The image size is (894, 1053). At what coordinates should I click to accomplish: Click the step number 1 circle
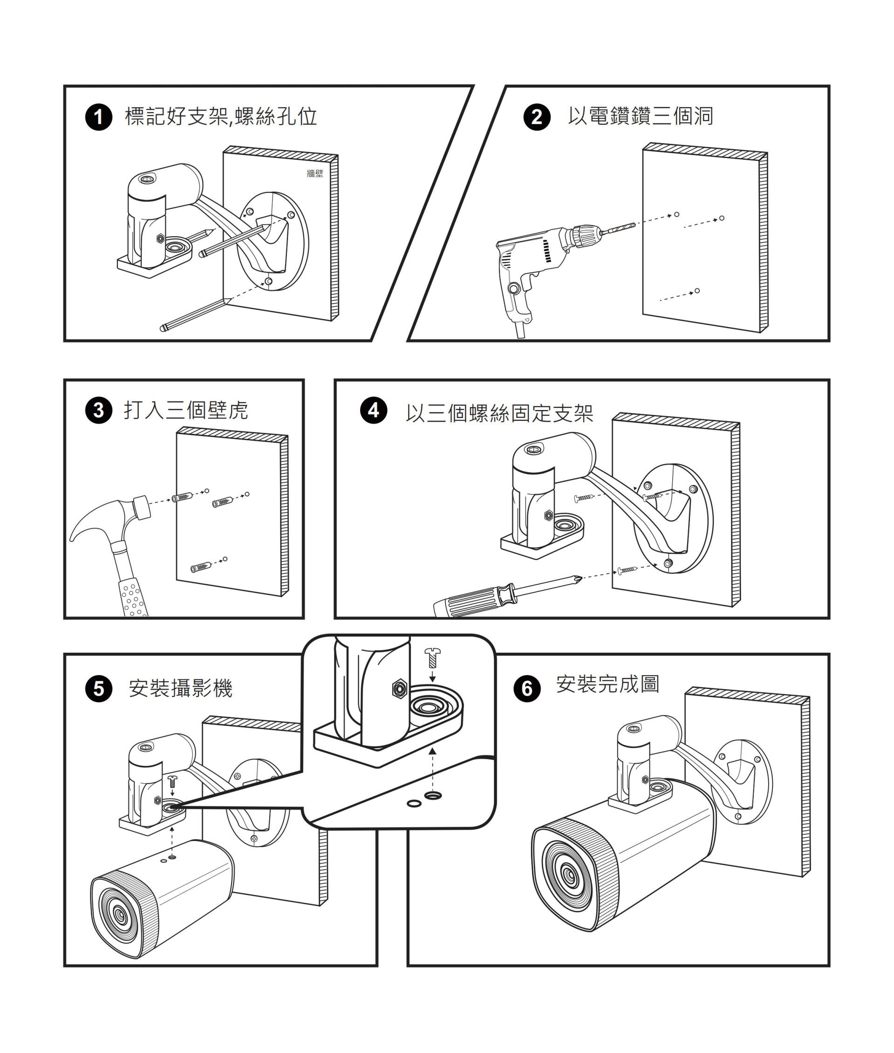pos(98,117)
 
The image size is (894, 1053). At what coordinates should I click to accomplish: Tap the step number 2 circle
pos(537,117)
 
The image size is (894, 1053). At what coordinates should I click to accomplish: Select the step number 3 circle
pos(98,410)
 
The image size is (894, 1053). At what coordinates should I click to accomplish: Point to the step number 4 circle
pos(374,410)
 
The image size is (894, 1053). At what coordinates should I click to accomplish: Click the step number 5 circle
pos(98,689)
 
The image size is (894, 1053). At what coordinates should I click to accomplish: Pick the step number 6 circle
pos(527,689)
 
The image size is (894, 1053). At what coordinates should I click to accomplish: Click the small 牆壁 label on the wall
pos(315,174)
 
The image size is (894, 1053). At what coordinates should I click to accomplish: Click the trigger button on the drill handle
pos(513,289)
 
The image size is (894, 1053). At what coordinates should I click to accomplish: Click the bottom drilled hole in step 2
pos(697,291)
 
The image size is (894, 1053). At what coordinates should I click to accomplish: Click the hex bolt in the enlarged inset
pos(399,688)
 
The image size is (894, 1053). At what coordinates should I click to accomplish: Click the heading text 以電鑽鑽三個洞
pos(640,116)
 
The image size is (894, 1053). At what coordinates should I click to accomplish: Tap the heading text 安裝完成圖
pos(607,684)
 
